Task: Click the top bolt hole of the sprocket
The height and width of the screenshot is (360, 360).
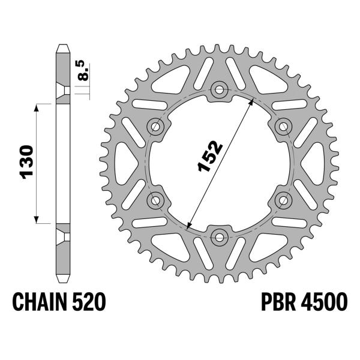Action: pos(220,91)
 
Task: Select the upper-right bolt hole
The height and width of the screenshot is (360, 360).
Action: pos(283,126)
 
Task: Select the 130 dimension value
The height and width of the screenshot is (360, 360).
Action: pos(26,162)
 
